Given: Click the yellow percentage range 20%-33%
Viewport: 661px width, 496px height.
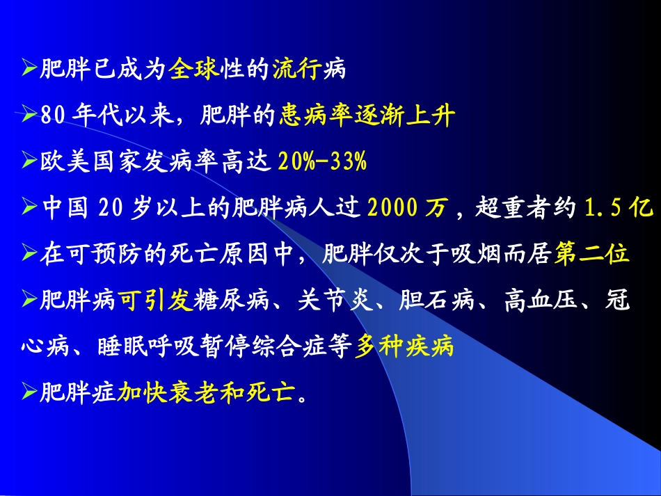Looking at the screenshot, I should tap(322, 162).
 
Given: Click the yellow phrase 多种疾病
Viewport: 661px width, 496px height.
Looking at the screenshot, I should tap(404, 346).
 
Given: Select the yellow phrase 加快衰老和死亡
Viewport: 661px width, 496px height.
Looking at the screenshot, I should tap(206, 394).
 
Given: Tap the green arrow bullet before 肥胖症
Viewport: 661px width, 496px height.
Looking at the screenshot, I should tap(29, 393).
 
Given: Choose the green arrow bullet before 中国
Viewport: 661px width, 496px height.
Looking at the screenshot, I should tap(29, 207).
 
